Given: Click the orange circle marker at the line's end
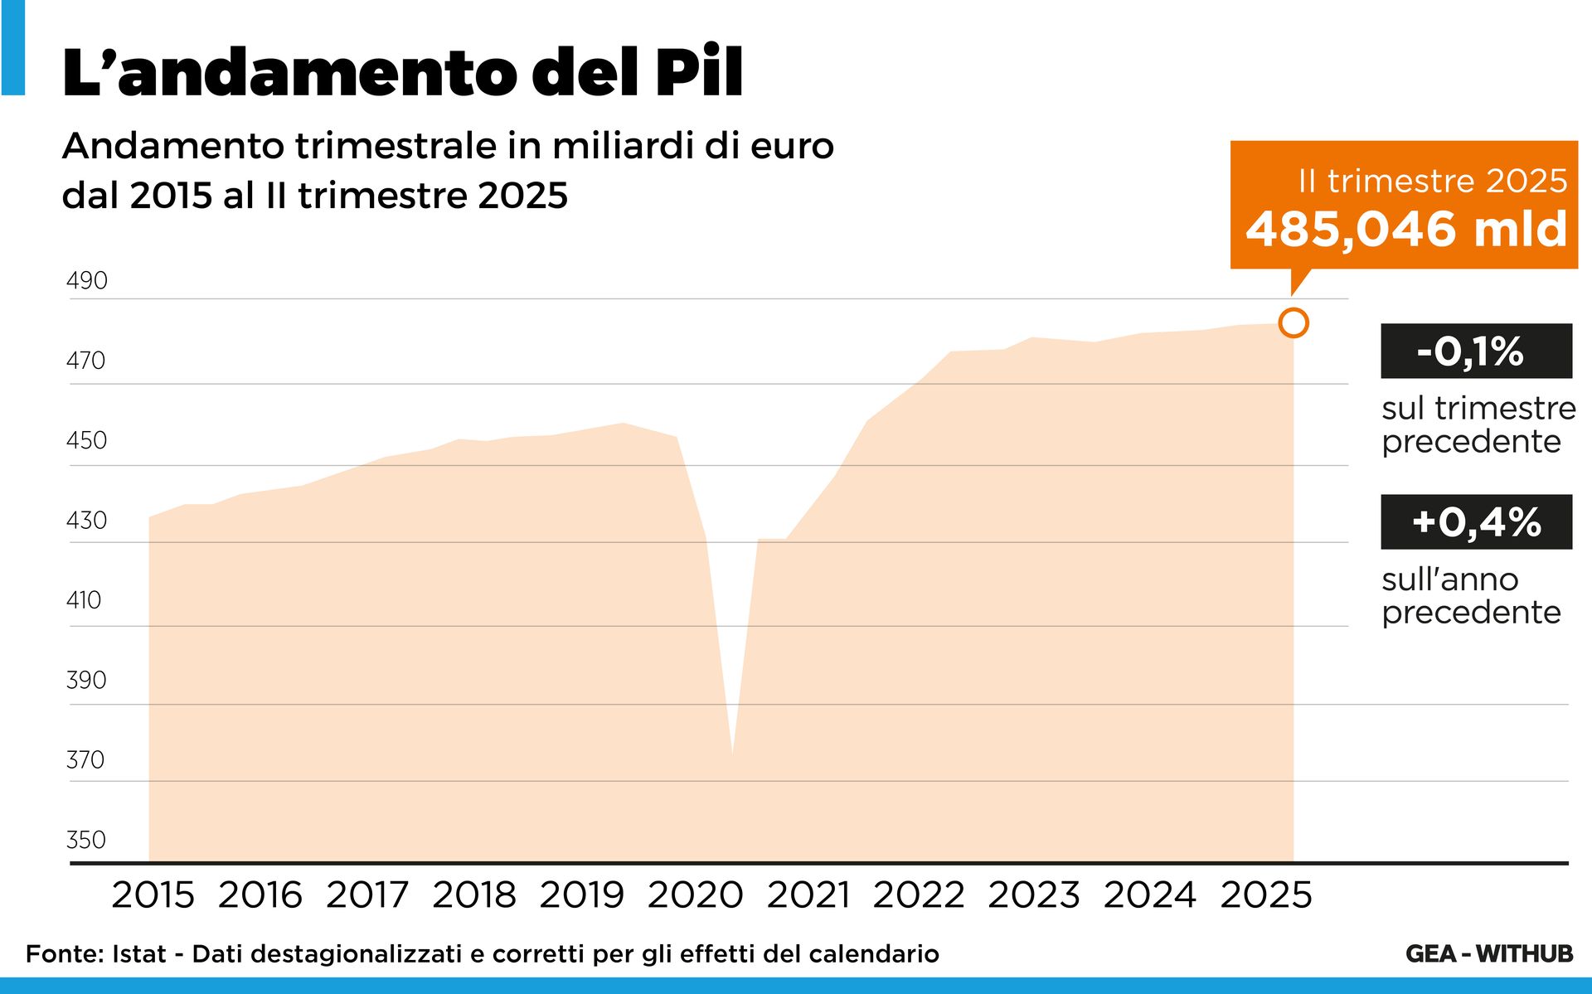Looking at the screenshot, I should tap(1293, 322).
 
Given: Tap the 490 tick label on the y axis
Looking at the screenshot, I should tap(87, 280).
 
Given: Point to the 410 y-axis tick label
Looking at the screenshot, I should tap(84, 599).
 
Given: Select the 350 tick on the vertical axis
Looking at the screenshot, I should tap(86, 839).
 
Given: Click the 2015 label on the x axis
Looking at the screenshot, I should tap(153, 895).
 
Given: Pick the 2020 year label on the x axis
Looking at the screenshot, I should tap(695, 895).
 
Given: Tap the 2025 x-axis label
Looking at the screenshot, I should tap(1266, 895).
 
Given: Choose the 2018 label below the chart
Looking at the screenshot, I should tap(473, 895).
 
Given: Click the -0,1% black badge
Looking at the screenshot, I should tap(1476, 351).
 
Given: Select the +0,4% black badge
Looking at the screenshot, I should tap(1476, 521).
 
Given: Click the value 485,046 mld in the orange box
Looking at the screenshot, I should tap(1406, 229).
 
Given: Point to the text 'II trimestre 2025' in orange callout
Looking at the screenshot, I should tap(1433, 181).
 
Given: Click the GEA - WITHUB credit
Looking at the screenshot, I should tap(1489, 953).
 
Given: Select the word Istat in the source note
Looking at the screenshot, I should tap(139, 954).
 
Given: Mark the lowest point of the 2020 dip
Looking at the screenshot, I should tap(732, 754).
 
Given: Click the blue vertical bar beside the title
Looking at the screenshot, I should tap(12, 47).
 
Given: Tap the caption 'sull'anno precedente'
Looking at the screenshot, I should tap(1471, 595).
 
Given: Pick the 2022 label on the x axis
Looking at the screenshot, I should tap(918, 895).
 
